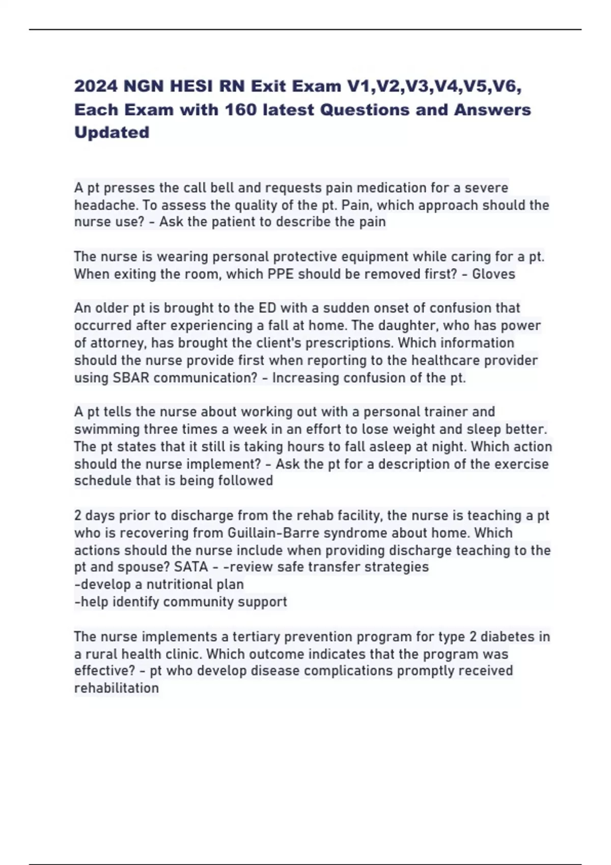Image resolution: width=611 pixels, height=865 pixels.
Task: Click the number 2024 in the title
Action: [95, 86]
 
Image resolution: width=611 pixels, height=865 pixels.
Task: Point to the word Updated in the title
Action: [112, 132]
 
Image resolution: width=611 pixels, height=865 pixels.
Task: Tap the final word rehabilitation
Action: [117, 688]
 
